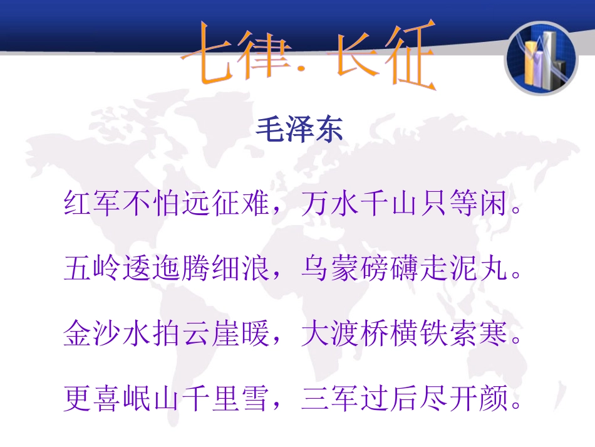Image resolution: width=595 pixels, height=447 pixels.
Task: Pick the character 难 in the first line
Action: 255,204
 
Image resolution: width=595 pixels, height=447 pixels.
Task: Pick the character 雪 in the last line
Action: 255,399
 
